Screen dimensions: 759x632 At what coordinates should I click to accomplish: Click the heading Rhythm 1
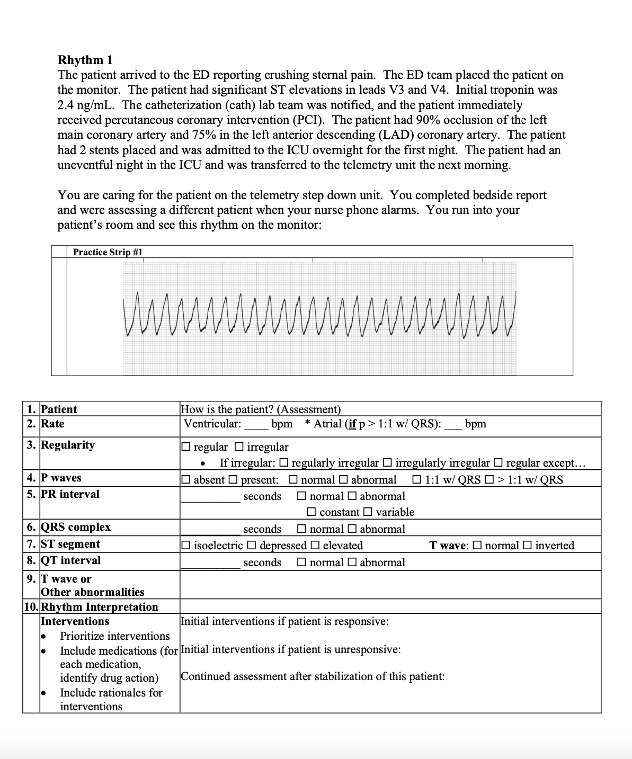coord(85,59)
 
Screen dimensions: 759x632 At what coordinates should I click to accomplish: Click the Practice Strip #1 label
coord(108,252)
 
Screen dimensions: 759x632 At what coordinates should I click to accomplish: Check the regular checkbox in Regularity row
coord(185,447)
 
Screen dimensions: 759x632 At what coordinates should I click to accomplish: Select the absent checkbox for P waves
coord(185,480)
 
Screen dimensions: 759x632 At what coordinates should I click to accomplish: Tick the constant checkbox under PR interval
coord(311,512)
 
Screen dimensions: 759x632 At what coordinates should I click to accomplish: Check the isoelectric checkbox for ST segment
coord(185,546)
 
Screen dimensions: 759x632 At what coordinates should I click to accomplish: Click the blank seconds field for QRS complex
coord(210,530)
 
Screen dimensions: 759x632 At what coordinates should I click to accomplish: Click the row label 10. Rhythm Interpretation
coord(91,607)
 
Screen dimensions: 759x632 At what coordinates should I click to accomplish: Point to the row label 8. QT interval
coord(64,560)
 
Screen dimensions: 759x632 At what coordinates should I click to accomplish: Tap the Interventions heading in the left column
coord(75,621)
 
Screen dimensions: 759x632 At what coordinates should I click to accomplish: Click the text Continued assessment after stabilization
coord(313,676)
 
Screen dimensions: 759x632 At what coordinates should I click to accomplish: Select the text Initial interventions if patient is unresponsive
coord(290,649)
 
